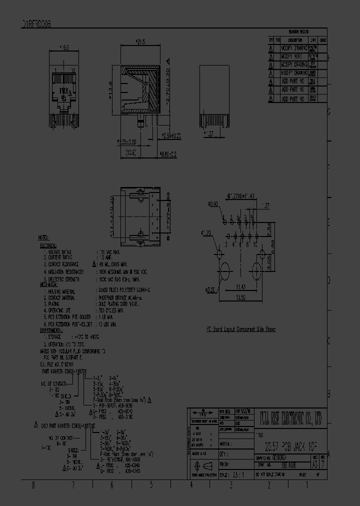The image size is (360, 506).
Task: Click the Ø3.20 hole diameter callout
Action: pyautogui.click(x=210, y=289)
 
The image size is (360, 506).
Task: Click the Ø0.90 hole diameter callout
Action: pyautogui.click(x=212, y=203)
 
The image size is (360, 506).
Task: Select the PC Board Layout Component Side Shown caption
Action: pyautogui.click(x=241, y=329)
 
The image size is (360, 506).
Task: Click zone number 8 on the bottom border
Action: pyautogui.click(x=33, y=485)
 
